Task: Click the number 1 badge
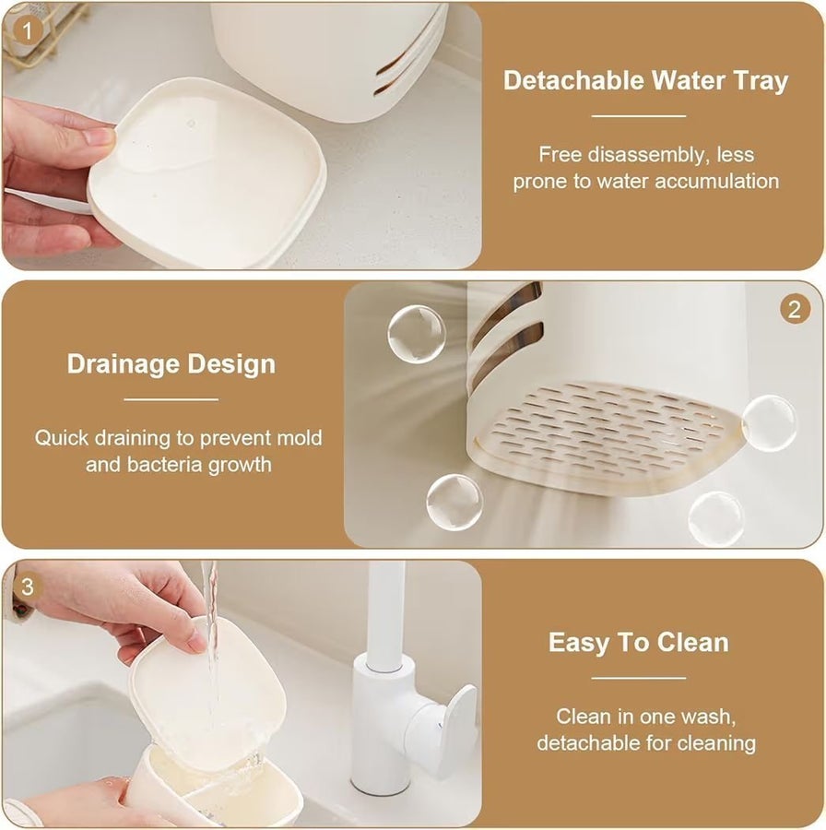click(x=27, y=30)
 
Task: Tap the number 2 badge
click(x=795, y=309)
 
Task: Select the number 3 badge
click(x=27, y=587)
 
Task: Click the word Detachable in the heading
click(x=573, y=80)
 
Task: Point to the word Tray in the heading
click(x=761, y=82)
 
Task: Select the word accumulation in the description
click(x=717, y=182)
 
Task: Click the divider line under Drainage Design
click(x=171, y=399)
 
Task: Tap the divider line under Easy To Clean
click(x=639, y=678)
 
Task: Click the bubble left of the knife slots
click(x=416, y=334)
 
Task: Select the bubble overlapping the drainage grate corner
click(x=768, y=422)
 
